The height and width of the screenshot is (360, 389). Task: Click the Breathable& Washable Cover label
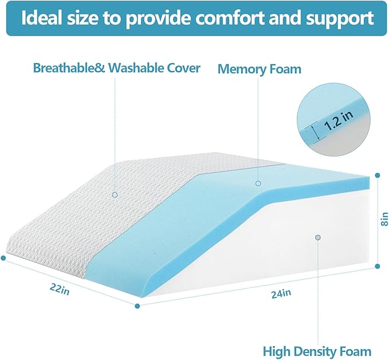coord(117,68)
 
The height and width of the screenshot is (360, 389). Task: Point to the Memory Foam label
coord(259,69)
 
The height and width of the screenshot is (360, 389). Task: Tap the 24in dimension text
coord(280,293)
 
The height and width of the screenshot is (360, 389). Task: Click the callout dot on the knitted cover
coord(115,195)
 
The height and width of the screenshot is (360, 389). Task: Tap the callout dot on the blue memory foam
coord(258,183)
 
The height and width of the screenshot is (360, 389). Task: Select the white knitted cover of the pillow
coord(115,212)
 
